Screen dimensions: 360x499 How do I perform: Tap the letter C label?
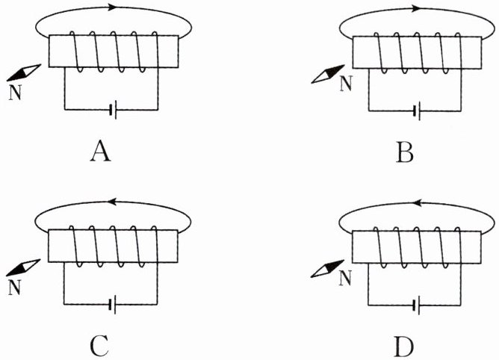pos(101,346)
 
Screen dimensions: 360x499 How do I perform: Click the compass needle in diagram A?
pos(24,72)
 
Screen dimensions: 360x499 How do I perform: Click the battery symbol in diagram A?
pos(113,110)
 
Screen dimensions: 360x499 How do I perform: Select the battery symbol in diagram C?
pos(113,304)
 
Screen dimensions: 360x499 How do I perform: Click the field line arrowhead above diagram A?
pos(113,8)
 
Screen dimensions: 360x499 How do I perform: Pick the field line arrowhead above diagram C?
pos(113,202)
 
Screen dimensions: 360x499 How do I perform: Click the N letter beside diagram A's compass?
pos(14,92)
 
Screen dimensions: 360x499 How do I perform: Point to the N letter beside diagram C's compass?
pos(14,286)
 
